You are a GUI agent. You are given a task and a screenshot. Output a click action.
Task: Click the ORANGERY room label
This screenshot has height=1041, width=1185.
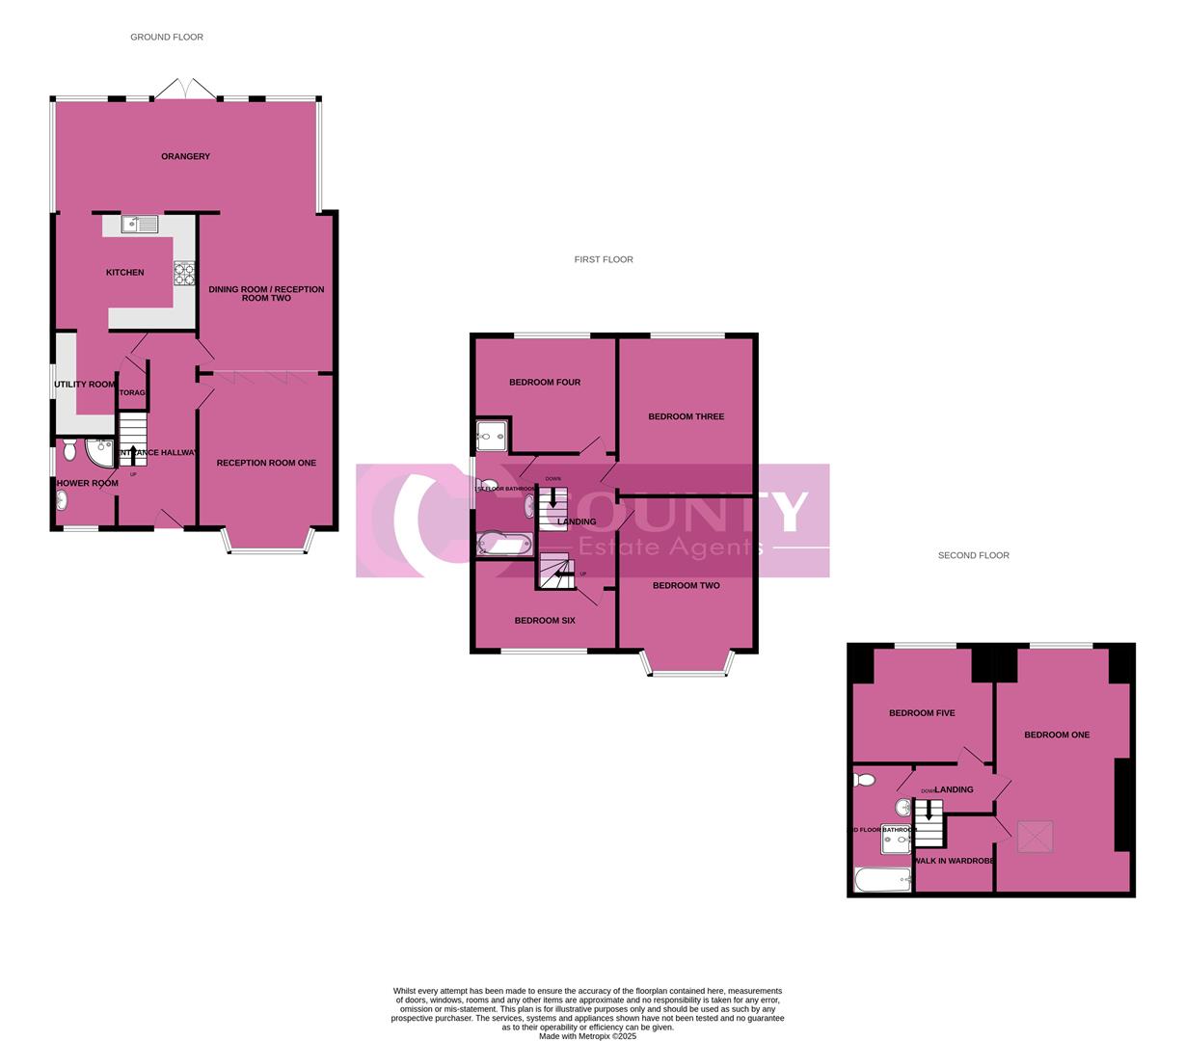pyautogui.click(x=185, y=156)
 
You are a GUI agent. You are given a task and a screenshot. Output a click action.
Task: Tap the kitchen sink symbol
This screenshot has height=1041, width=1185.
pyautogui.click(x=140, y=225)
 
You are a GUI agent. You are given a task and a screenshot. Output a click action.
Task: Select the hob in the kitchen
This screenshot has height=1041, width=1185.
pyautogui.click(x=184, y=274)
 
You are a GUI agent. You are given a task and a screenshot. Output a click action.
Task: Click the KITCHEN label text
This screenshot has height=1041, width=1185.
pyautogui.click(x=124, y=273)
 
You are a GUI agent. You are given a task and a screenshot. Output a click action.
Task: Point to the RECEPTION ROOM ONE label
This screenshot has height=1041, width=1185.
pyautogui.click(x=266, y=463)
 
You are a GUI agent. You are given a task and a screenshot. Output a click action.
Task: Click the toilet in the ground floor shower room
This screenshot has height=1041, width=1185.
pyautogui.click(x=69, y=450)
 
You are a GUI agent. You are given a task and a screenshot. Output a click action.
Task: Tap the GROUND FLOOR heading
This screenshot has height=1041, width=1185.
pyautogui.click(x=167, y=37)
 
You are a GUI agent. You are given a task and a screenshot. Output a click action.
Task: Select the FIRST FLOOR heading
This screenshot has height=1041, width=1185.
pyautogui.click(x=604, y=259)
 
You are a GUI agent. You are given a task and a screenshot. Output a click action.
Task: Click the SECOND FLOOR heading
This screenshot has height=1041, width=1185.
pyautogui.click(x=974, y=555)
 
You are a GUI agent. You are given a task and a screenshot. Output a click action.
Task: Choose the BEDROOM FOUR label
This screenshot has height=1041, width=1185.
pyautogui.click(x=545, y=383)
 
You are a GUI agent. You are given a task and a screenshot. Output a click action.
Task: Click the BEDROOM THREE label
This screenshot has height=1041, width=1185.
pyautogui.click(x=686, y=416)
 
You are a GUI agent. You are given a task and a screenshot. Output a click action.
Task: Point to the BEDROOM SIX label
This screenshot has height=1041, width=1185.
pyautogui.click(x=545, y=621)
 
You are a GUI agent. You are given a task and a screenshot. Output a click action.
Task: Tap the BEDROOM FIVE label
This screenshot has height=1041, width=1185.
pyautogui.click(x=922, y=713)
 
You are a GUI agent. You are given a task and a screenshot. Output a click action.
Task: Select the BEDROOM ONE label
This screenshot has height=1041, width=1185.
pyautogui.click(x=1057, y=734)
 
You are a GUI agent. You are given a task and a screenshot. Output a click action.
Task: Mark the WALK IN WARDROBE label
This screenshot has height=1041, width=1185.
pyautogui.click(x=954, y=861)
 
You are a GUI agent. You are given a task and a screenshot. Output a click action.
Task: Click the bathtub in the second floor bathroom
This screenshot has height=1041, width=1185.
pyautogui.click(x=882, y=879)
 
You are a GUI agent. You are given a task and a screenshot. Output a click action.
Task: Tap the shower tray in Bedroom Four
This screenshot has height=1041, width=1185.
pyautogui.click(x=491, y=437)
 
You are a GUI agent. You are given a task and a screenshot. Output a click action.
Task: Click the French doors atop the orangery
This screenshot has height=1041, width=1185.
pyautogui.click(x=186, y=89)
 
